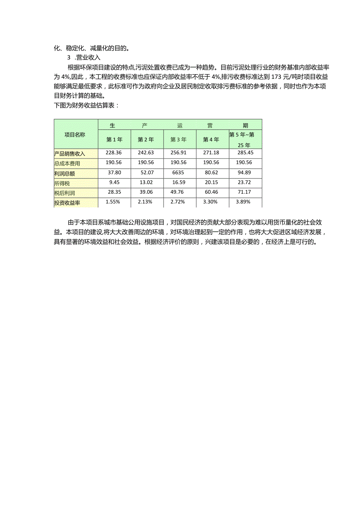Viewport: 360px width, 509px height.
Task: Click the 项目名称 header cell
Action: [75, 134]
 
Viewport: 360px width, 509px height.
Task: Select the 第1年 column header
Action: [114, 139]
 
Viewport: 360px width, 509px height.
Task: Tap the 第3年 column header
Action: [178, 139]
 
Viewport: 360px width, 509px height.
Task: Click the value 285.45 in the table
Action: [244, 153]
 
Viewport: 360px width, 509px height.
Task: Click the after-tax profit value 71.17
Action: [244, 192]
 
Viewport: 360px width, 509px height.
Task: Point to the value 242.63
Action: [146, 153]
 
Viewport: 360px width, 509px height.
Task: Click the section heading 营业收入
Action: [89, 57]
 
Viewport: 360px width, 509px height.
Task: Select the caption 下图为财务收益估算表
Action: [86, 105]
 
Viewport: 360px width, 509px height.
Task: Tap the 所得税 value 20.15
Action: [211, 182]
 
